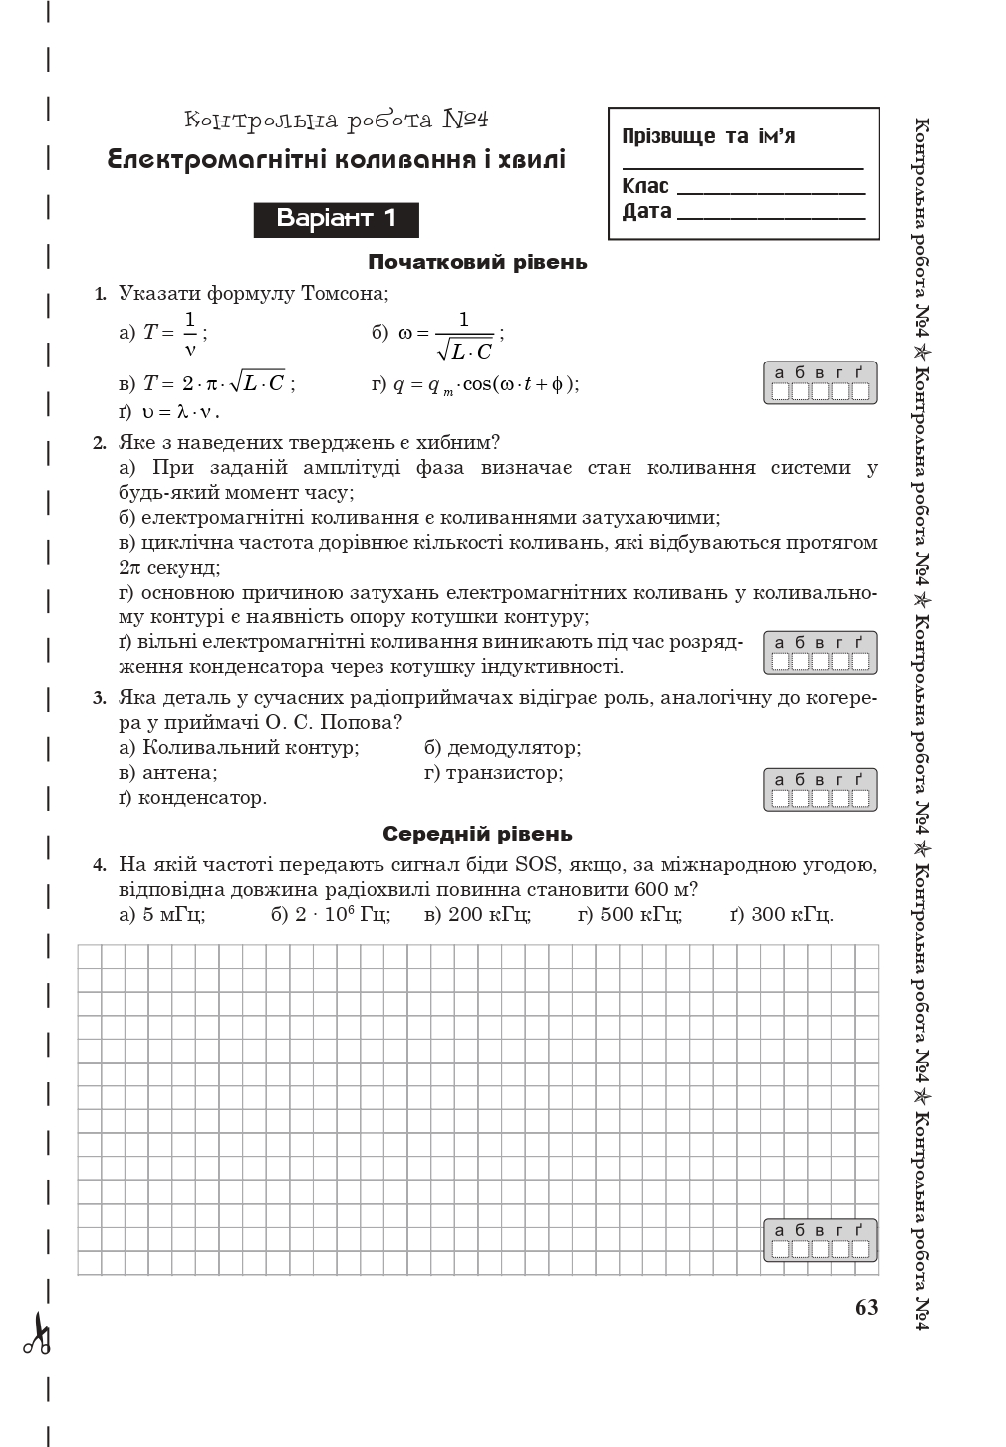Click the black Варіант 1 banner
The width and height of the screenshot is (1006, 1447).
click(336, 219)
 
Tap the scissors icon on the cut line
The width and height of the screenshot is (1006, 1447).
click(38, 1337)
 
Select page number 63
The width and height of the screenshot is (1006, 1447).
click(866, 1307)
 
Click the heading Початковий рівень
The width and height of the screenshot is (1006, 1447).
click(477, 263)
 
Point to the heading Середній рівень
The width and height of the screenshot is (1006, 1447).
click(477, 834)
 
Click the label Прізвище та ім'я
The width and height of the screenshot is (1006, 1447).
click(708, 136)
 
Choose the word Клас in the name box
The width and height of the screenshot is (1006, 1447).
click(645, 186)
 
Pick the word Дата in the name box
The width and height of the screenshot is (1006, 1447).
click(646, 211)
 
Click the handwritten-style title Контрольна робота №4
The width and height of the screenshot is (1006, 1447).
click(337, 121)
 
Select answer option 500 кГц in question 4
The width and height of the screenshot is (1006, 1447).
click(629, 914)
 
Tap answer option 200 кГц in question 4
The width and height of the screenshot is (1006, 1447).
click(477, 914)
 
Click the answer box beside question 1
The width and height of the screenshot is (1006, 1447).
click(820, 383)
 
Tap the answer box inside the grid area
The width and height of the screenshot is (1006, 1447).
click(820, 1240)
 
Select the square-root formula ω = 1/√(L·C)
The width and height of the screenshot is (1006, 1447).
click(438, 335)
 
